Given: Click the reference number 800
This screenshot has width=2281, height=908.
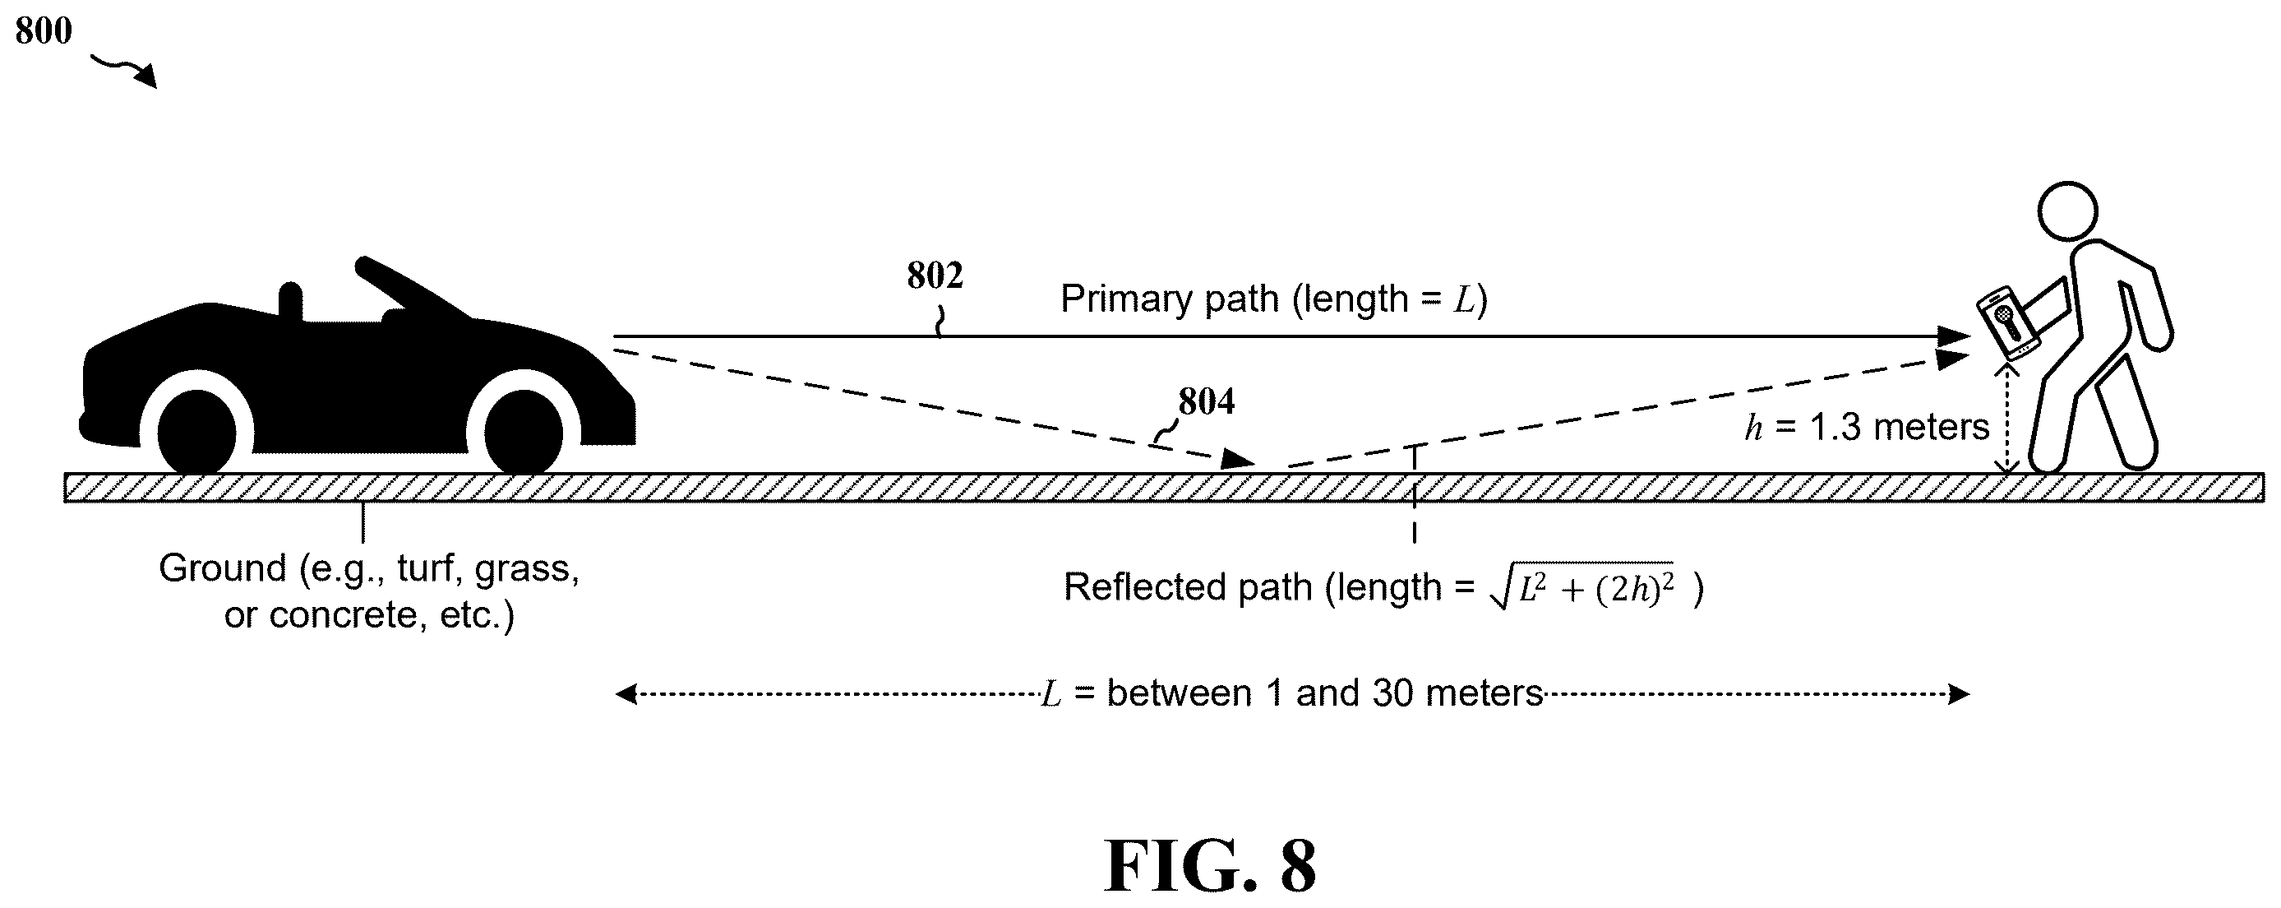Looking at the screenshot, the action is point(44,31).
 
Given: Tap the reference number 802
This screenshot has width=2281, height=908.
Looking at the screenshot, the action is point(935,276).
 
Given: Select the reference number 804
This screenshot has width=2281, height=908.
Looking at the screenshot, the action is point(1206,402).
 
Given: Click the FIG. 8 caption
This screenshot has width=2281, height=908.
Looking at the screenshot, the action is point(1211,864).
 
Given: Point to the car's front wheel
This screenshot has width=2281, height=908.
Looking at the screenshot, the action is point(524,433).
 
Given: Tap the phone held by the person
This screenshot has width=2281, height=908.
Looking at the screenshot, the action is point(2008,322).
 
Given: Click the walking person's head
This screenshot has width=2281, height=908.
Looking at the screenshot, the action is point(2067,211).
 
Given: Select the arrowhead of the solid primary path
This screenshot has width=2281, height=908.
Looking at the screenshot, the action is point(1953,336).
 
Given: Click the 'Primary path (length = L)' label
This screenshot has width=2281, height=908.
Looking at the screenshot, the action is point(1273,299).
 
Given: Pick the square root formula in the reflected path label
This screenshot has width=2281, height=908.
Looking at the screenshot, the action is point(1582,586).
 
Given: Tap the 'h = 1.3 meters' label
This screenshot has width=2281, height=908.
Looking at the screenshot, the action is point(1867,428).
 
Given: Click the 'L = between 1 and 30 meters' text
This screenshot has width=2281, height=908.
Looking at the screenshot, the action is point(1292,693).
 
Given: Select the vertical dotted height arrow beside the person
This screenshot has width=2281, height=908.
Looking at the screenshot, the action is point(2006,419).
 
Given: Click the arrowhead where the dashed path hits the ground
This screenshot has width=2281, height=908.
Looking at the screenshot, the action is point(1238,458).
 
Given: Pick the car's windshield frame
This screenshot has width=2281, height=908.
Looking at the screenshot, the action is point(412,288).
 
